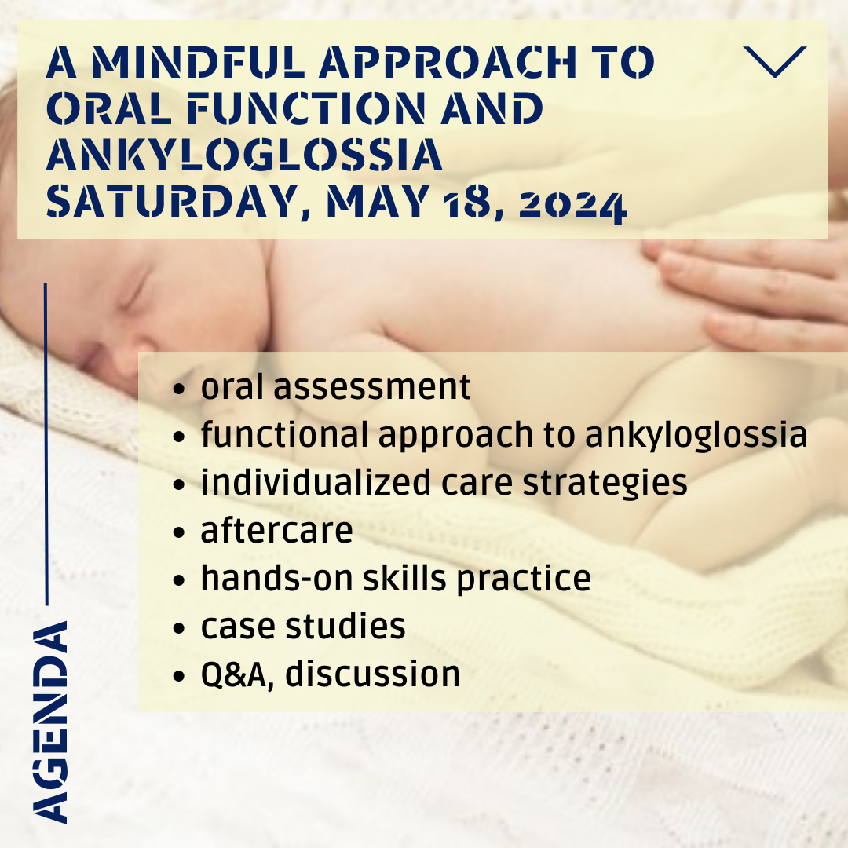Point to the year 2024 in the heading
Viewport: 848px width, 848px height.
[572, 206]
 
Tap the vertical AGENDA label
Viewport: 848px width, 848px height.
[50, 722]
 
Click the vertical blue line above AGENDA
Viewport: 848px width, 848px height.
[46, 444]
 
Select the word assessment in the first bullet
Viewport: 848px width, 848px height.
[372, 387]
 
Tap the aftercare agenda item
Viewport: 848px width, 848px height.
[276, 530]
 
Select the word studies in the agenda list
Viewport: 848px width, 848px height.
[345, 626]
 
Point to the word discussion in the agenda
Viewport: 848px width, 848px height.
[373, 674]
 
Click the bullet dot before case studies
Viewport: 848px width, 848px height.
[178, 628]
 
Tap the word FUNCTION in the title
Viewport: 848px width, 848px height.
[307, 108]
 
